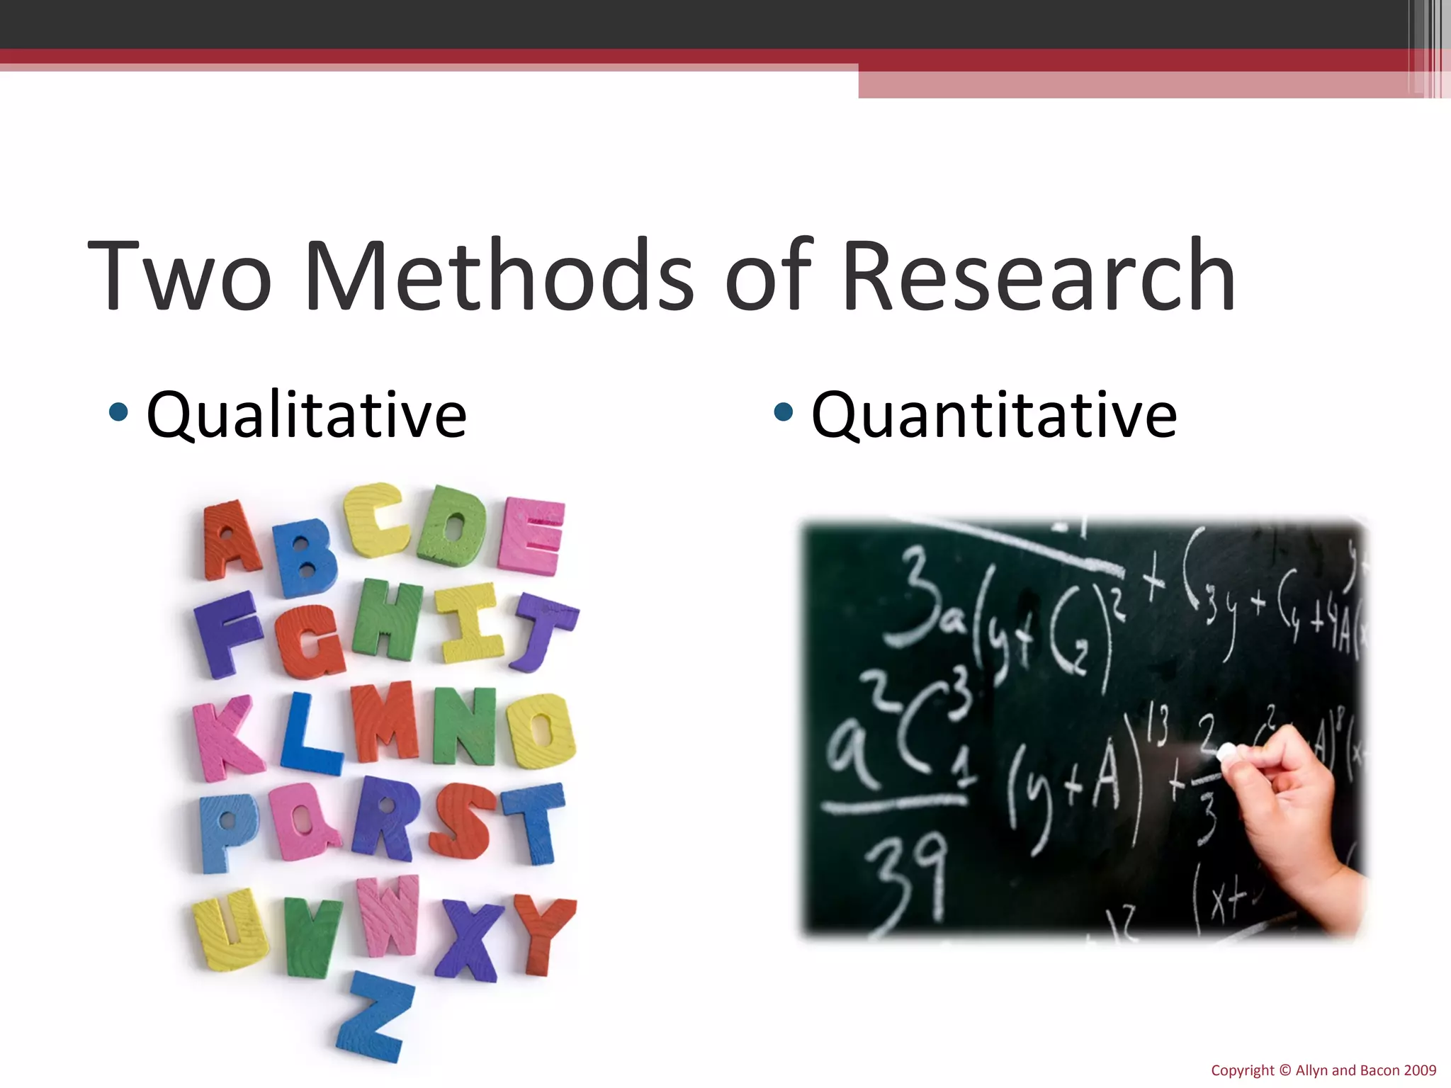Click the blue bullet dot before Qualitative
(x=119, y=412)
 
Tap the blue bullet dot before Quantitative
(x=783, y=412)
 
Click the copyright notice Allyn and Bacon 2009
(x=1323, y=1070)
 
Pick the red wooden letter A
(x=230, y=540)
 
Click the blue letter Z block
(x=373, y=1017)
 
